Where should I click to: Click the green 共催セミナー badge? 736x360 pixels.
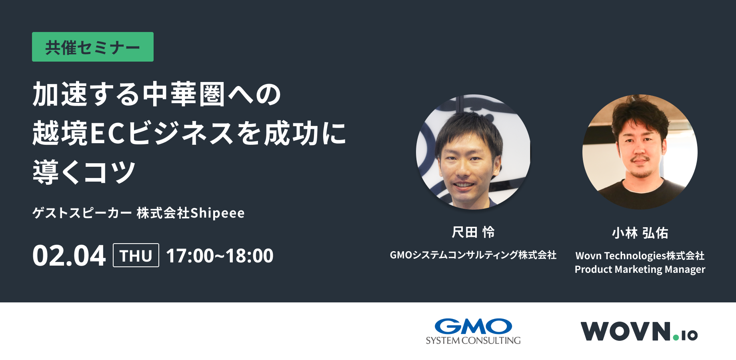[93, 47]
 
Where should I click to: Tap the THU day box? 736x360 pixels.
[136, 255]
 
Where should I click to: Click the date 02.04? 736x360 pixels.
[69, 256]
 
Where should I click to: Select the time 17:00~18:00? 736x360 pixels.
[220, 256]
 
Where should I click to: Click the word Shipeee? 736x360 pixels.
[217, 213]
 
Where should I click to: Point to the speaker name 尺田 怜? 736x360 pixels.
[473, 232]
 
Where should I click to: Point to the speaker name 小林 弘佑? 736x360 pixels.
[640, 233]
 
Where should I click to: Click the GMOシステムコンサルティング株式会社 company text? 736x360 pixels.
[473, 255]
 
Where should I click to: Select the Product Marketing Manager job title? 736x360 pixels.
[640, 269]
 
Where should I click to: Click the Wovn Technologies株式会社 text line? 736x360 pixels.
[640, 256]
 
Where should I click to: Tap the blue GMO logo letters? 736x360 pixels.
[473, 326]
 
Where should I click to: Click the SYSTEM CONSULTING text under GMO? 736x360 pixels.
[473, 340]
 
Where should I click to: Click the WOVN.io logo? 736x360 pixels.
[639, 331]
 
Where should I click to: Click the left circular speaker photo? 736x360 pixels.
[473, 152]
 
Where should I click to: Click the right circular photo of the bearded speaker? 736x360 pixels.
[640, 152]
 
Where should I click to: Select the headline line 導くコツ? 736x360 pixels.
[84, 172]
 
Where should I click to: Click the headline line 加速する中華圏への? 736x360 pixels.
[157, 94]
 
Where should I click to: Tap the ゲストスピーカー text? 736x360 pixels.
[82, 213]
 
